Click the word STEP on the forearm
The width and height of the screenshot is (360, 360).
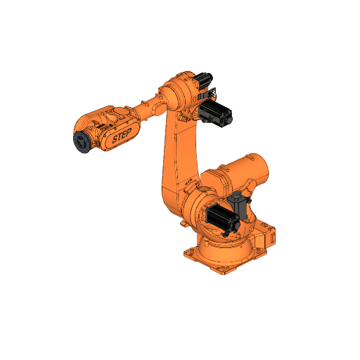122,138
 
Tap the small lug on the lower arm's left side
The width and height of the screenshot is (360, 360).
182,224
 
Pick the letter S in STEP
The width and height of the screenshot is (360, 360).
115,141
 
